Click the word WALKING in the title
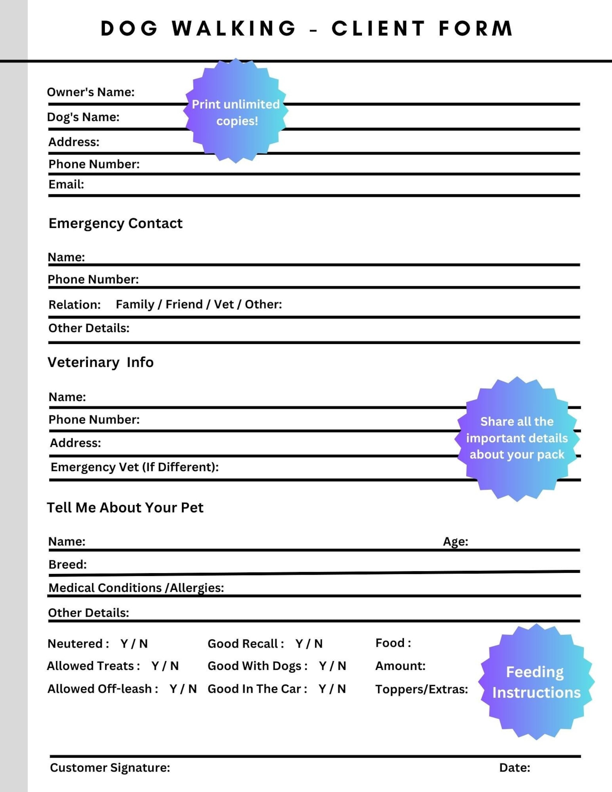pyautogui.click(x=234, y=29)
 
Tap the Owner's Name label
pyautogui.click(x=91, y=92)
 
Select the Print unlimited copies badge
pyautogui.click(x=235, y=112)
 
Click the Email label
pyautogui.click(x=66, y=184)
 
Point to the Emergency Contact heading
pyautogui.click(x=115, y=223)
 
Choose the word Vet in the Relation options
pyautogui.click(x=224, y=304)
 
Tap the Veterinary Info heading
pyautogui.click(x=100, y=362)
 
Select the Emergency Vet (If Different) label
pyautogui.click(x=135, y=467)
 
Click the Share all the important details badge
pyautogui.click(x=516, y=438)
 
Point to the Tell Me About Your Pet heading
pyautogui.click(x=125, y=508)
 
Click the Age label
pyautogui.click(x=455, y=542)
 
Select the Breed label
pyautogui.click(x=67, y=564)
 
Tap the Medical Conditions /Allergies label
pyautogui.click(x=136, y=588)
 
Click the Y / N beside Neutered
pyautogui.click(x=134, y=644)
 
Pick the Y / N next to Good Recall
pyautogui.click(x=309, y=644)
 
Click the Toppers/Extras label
pyautogui.click(x=422, y=689)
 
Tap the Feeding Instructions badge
pyautogui.click(x=536, y=682)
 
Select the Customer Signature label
pyautogui.click(x=110, y=768)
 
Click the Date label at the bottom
pyautogui.click(x=514, y=768)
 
